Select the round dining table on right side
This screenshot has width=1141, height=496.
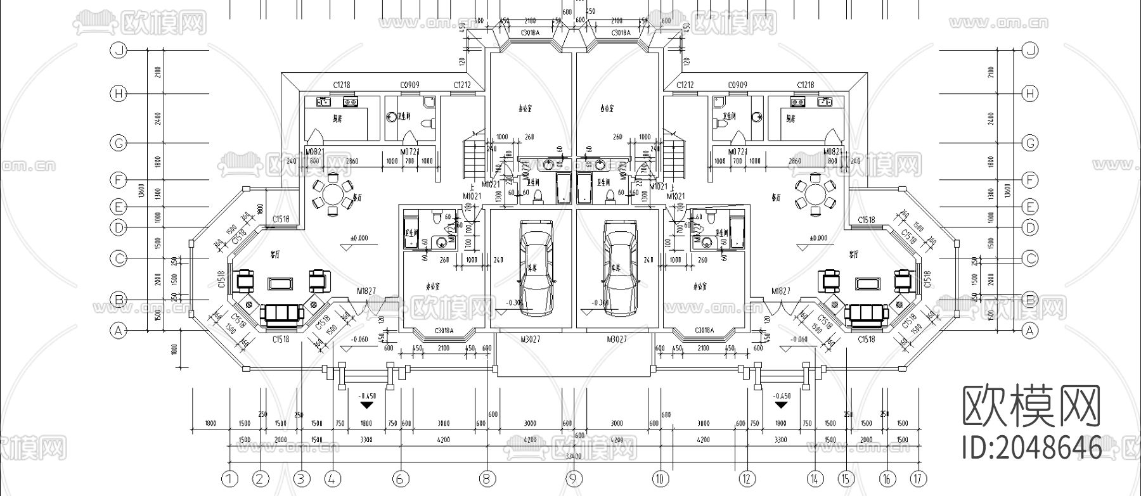[x=813, y=193]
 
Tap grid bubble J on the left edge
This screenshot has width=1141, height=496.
[x=119, y=51]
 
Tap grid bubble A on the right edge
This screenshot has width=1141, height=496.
[x=1031, y=330]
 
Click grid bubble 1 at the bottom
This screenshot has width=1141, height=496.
[x=229, y=478]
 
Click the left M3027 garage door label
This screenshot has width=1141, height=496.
[x=530, y=340]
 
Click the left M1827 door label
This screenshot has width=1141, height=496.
[x=366, y=291]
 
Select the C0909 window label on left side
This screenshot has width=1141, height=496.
[x=409, y=85]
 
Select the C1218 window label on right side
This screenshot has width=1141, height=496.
[x=805, y=85]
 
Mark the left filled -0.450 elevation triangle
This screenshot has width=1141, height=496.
[x=366, y=403]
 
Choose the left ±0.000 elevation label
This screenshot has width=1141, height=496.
[x=359, y=239]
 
